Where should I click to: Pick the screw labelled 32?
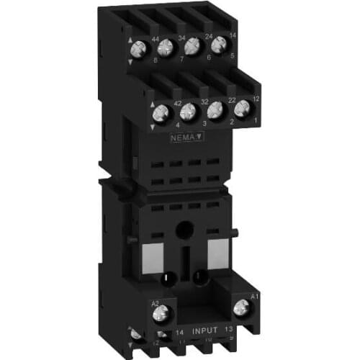click(x=189, y=112)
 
